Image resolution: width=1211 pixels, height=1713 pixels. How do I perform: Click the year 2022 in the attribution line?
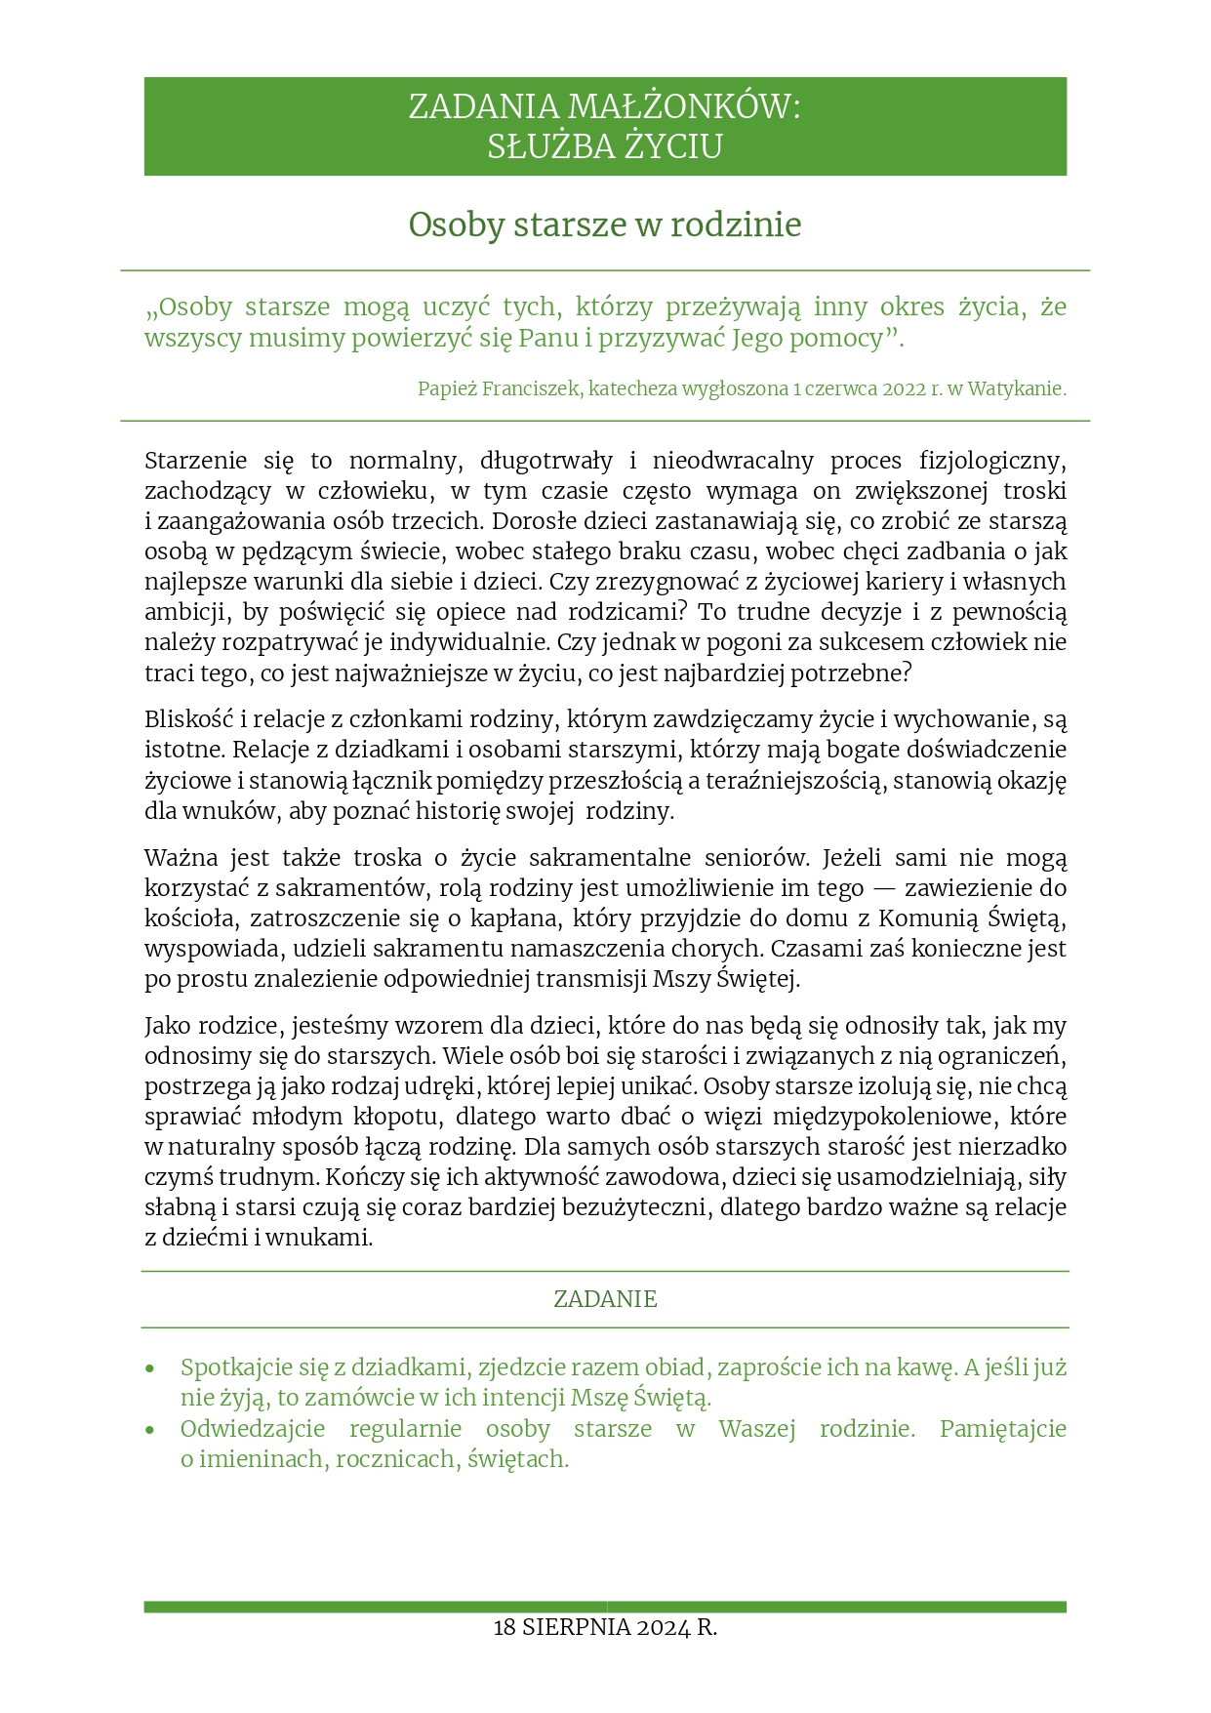(x=903, y=388)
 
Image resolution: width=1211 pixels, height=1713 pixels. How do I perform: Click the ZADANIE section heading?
(x=605, y=1299)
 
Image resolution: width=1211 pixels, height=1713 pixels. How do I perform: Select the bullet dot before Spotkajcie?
(x=149, y=1368)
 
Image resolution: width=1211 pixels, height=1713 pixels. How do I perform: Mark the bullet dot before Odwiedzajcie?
(x=149, y=1430)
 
